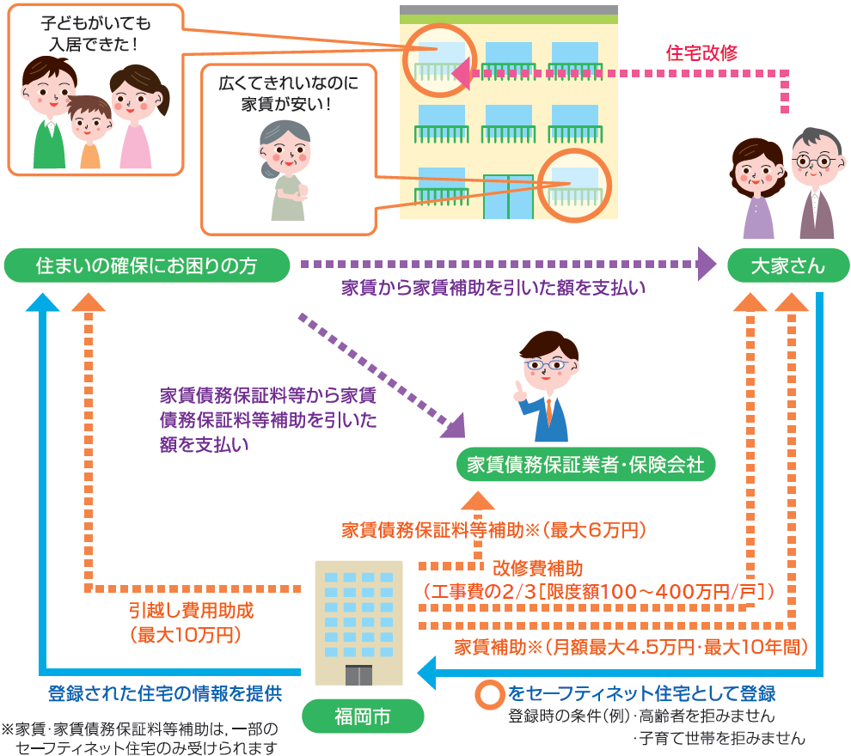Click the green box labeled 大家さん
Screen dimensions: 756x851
point(787,265)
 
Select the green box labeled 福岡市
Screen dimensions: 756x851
point(363,716)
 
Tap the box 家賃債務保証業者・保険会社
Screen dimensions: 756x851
point(585,465)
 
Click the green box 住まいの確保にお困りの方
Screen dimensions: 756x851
point(146,265)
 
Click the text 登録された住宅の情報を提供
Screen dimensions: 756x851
point(165,692)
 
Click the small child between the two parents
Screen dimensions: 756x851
point(90,129)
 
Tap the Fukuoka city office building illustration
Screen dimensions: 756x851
point(358,622)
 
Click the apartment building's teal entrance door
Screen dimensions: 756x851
point(508,197)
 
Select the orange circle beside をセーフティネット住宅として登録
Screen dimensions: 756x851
point(490,693)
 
